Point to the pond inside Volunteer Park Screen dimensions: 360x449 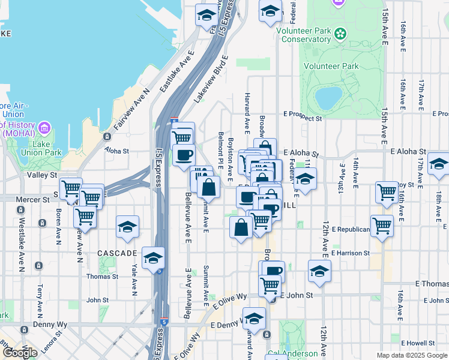[327, 98]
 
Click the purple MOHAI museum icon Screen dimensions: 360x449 [43, 128]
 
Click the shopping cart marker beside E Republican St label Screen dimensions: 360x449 [382, 226]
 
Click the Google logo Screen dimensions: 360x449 [20, 353]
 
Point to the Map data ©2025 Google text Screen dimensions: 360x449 [411, 355]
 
